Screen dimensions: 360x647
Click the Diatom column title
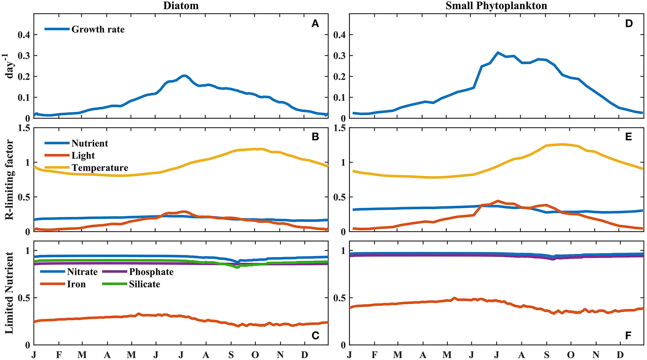pos(181,6)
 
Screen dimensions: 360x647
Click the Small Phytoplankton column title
pos(496,6)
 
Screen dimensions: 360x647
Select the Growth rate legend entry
pos(98,29)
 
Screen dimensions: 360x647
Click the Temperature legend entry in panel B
pos(100,168)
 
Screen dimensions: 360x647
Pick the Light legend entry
pos(83,156)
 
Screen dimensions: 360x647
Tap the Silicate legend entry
pos(144,284)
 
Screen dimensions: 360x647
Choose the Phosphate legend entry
pos(151,272)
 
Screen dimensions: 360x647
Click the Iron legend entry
pos(76,284)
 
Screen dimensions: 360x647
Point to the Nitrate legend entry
pos(82,272)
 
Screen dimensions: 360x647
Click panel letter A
pos(315,24)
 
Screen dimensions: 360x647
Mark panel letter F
pos(628,336)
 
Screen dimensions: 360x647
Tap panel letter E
pos(628,137)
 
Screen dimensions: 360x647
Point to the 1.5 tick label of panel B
pos(23,128)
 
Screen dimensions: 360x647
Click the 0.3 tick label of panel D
pos(340,56)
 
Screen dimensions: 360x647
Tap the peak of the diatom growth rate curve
pos(184,76)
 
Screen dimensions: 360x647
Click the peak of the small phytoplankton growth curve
pos(497,53)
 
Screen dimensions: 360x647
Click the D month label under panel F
pos(620,355)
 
